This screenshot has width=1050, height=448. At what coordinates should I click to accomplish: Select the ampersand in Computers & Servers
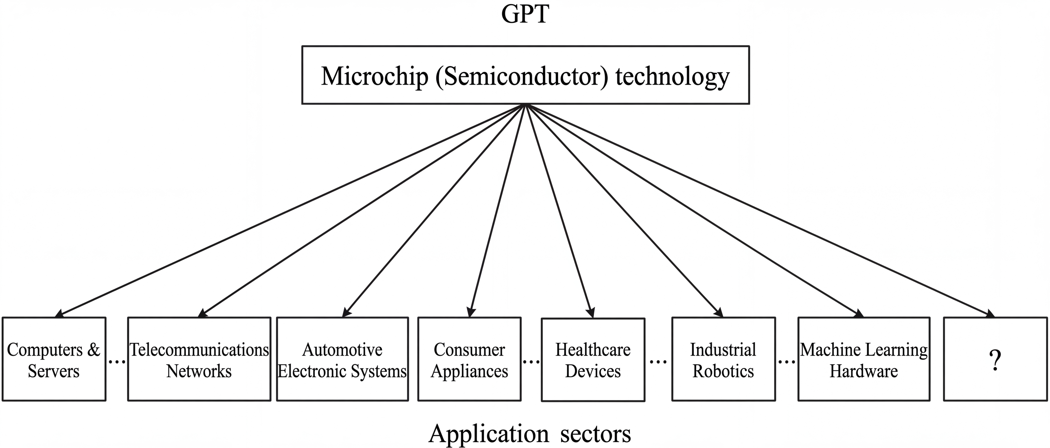coord(93,350)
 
